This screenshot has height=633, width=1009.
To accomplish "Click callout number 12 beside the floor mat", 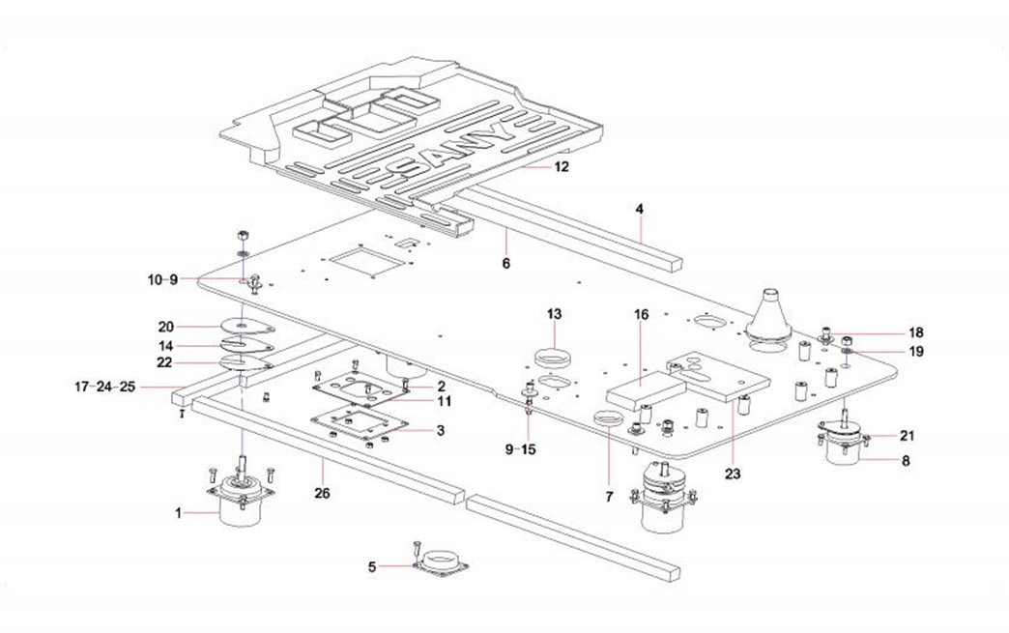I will tap(562, 166).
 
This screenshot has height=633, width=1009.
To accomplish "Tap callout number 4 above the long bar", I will tap(639, 209).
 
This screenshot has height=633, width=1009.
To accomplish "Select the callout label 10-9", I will tap(163, 280).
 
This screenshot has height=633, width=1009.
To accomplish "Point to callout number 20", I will tap(165, 326).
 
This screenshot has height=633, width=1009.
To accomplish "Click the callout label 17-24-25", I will tap(104, 387).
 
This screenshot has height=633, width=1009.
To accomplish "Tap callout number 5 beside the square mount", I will tap(372, 565).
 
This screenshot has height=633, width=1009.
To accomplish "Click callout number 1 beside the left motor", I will tap(178, 513).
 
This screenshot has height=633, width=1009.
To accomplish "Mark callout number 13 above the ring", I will tap(554, 314).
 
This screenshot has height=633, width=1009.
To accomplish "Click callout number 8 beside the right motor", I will tap(906, 462).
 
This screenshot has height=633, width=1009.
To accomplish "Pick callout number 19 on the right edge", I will tap(915, 352).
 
